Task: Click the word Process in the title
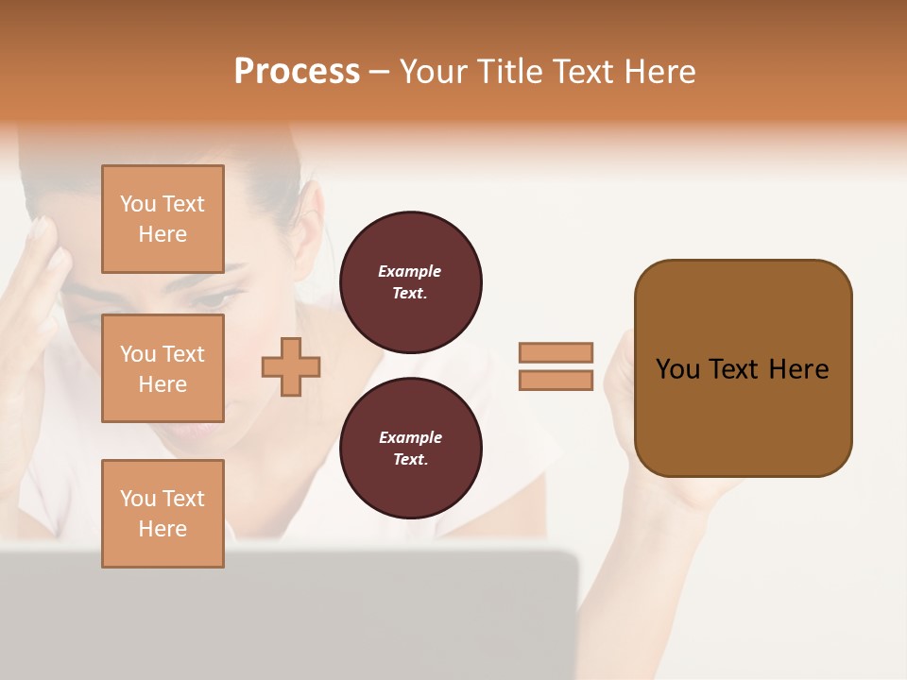pos(297,72)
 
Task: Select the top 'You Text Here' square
pos(163,219)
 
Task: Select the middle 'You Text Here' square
pos(163,368)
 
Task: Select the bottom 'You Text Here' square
pos(163,514)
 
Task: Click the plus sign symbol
pos(291,366)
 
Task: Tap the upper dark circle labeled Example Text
pos(410,282)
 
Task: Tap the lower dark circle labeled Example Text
pos(410,449)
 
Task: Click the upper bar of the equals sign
pos(556,352)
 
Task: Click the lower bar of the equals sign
pos(556,381)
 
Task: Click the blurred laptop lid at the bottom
pos(283,614)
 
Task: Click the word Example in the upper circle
pos(410,271)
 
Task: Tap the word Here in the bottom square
pos(163,529)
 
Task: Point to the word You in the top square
pos(138,204)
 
